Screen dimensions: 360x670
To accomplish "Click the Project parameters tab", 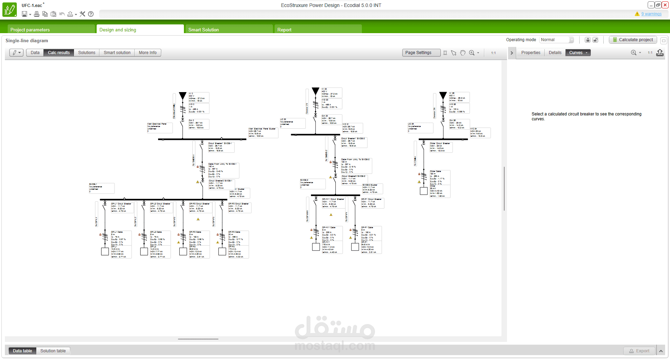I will [30, 30].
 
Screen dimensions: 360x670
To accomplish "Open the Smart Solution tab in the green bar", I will [203, 30].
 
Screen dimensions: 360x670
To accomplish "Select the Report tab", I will [284, 30].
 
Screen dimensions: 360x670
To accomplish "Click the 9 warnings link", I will [651, 14].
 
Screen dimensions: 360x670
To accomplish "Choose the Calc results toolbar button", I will [59, 53].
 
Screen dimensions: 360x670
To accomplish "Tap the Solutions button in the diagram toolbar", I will [87, 53].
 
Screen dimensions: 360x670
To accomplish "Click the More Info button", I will [148, 53].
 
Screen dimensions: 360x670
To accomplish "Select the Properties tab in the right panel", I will [530, 53].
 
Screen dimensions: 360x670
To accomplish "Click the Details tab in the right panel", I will [555, 53].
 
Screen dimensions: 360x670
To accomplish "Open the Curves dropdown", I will [578, 53].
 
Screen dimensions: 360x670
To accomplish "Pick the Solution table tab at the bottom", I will [53, 351].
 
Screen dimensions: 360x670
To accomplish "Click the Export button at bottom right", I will [639, 351].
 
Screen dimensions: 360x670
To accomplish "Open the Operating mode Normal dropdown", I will [557, 40].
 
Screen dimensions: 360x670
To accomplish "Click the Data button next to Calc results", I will [35, 53].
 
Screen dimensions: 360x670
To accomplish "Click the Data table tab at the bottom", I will [22, 351].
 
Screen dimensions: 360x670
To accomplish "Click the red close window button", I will [665, 5].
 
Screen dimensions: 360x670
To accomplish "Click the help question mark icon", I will [91, 14].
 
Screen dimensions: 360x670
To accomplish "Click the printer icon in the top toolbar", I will [36, 14].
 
